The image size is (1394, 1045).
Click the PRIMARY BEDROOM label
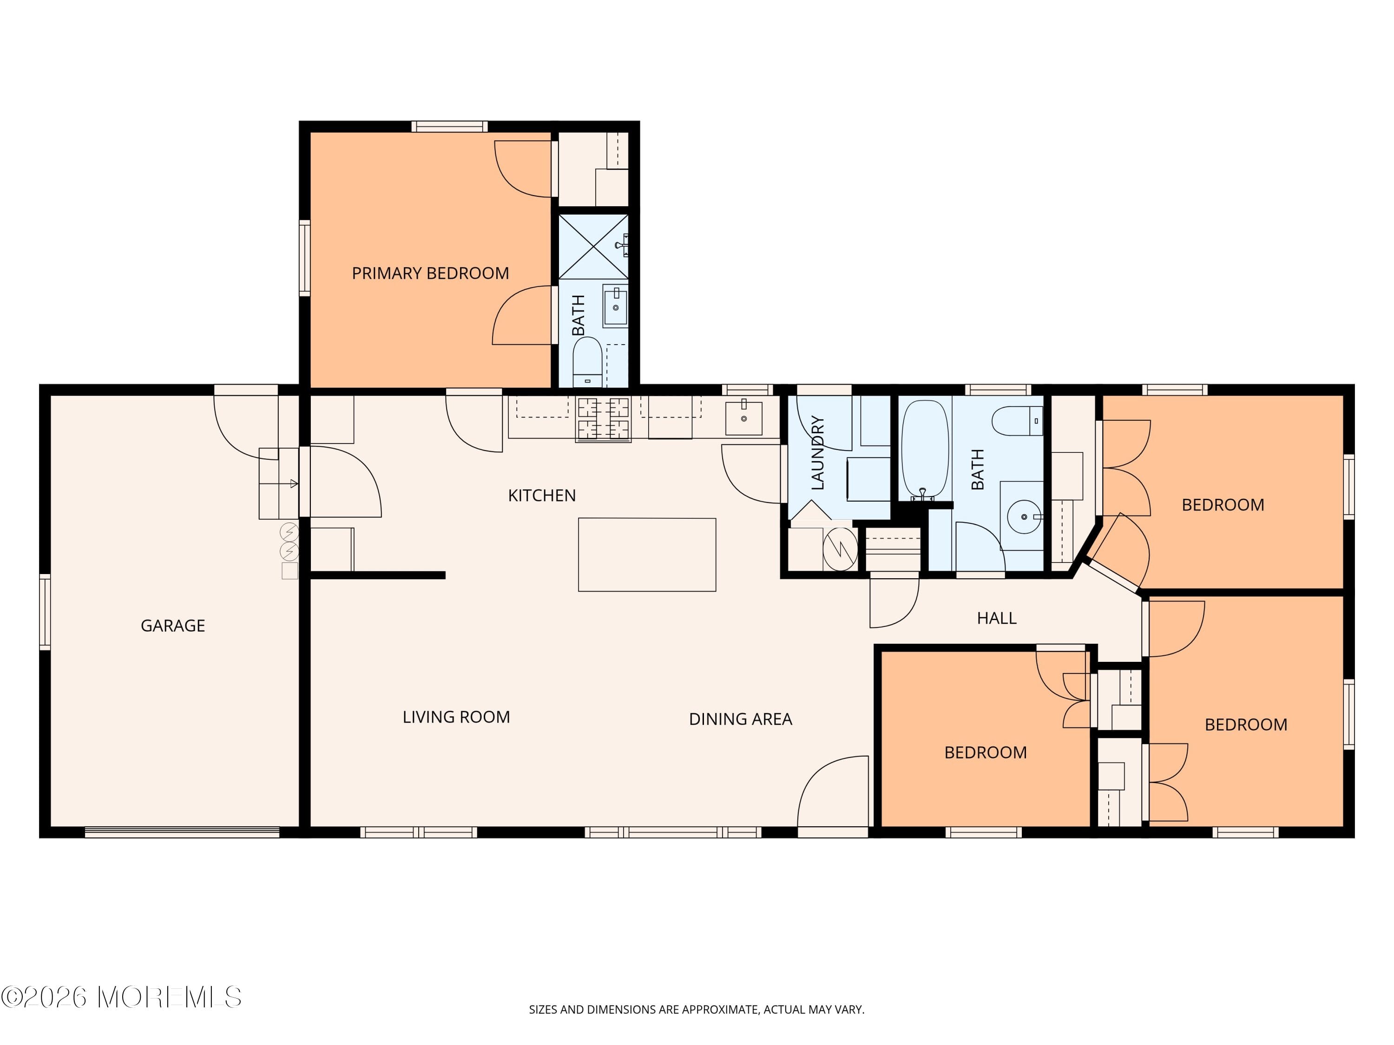pos(430,274)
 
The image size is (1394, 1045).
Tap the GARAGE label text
pos(173,626)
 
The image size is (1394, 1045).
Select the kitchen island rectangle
pos(647,554)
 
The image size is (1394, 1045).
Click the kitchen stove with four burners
pos(603,418)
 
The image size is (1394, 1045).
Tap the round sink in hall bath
pos(1024,516)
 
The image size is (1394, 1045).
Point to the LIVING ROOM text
pos(456,717)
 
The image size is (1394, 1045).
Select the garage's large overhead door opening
pos(182,832)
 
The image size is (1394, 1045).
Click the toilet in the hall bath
pos(1016,421)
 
